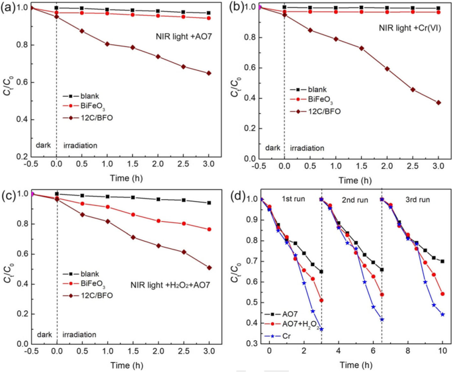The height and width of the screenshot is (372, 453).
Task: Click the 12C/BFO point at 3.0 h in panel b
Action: tap(438, 102)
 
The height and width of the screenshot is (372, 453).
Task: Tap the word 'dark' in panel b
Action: tap(272, 148)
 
